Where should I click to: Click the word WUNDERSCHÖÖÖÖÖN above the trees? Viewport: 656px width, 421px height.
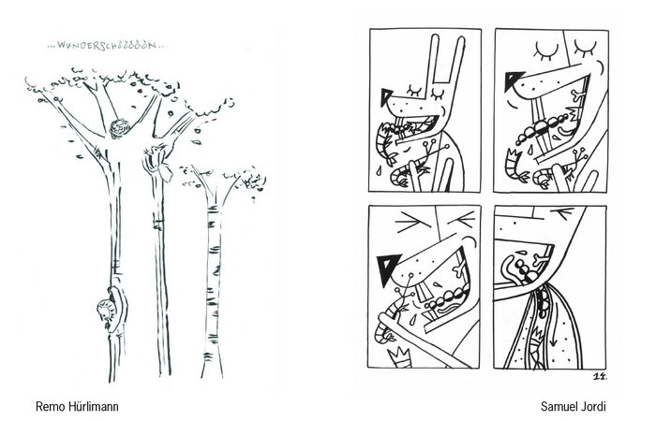(107, 45)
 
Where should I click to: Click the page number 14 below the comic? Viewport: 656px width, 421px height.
(601, 377)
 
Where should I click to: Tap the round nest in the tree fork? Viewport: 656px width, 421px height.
(120, 128)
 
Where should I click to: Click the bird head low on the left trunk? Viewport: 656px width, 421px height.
(105, 312)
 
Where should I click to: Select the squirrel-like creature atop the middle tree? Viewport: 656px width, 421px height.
(157, 162)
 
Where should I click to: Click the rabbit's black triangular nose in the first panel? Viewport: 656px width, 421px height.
(386, 97)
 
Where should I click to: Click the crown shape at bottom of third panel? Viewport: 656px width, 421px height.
(399, 358)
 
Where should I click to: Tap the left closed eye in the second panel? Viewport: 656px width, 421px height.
(546, 51)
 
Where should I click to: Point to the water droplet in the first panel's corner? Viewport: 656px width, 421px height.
(379, 170)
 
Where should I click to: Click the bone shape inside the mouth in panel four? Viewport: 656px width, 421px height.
(541, 260)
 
